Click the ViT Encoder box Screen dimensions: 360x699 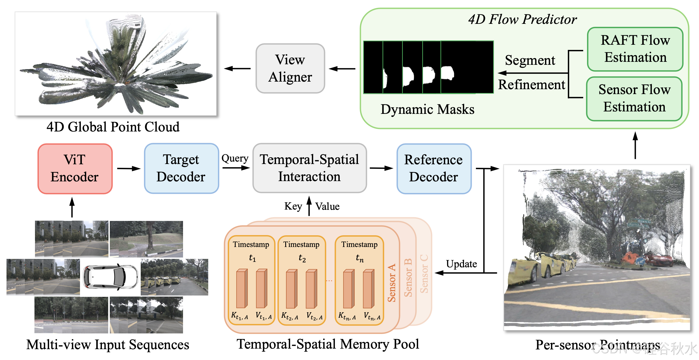(75, 168)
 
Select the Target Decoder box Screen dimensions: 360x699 (181, 168)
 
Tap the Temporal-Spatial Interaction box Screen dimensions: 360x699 (309, 168)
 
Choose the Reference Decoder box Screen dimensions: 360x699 (434, 168)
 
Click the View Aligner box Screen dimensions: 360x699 (290, 68)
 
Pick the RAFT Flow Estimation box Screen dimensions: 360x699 (635, 49)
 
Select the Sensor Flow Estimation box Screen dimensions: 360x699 (634, 98)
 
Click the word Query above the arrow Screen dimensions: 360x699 (235, 158)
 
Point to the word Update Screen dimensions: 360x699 (461, 264)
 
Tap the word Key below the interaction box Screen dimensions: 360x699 (293, 206)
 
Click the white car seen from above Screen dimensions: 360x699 (110, 277)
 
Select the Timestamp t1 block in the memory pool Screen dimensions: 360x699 (251, 280)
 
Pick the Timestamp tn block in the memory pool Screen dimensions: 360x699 (359, 280)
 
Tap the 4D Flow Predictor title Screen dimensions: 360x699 (522, 20)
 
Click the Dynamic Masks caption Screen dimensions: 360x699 (427, 109)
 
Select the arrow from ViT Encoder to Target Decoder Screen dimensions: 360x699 (129, 168)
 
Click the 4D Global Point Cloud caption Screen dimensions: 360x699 (113, 127)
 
